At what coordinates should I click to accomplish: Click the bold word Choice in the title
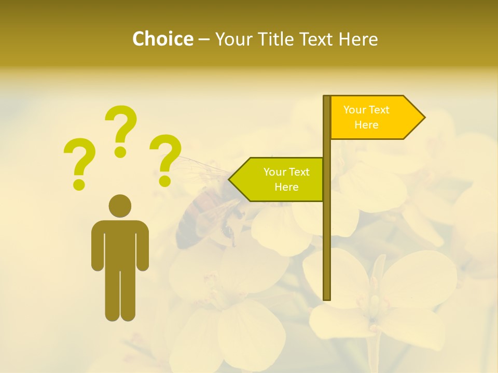tap(162, 39)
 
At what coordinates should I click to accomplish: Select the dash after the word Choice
tap(204, 39)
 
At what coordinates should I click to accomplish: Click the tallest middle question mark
tap(121, 130)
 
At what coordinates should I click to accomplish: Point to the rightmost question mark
tap(165, 159)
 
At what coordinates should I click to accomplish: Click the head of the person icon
tap(120, 206)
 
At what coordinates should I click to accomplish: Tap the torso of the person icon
tap(120, 243)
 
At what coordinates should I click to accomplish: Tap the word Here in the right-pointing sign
tap(366, 125)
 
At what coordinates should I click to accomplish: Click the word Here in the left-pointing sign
tap(286, 187)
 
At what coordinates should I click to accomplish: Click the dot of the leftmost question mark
tap(79, 184)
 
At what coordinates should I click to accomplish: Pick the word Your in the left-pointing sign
tap(273, 172)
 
